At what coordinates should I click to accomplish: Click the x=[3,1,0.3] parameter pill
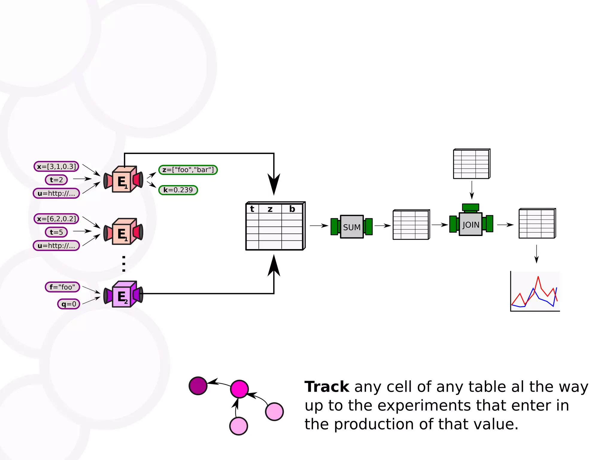click(x=57, y=167)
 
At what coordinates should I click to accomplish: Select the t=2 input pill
click(x=56, y=180)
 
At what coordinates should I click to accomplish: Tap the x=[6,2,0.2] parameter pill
click(x=57, y=219)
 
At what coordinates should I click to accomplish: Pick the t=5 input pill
click(x=56, y=232)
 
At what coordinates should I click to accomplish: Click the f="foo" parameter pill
click(x=62, y=287)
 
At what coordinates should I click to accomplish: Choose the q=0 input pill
click(x=69, y=304)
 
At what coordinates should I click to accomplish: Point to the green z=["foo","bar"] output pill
click(x=188, y=170)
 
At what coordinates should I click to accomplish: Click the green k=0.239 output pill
click(x=178, y=190)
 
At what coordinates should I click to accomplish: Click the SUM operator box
click(x=352, y=227)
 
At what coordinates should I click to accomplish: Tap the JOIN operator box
click(x=471, y=224)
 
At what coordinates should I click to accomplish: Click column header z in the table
click(x=270, y=209)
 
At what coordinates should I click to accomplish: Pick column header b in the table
click(x=292, y=209)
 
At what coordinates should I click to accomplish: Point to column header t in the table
click(x=252, y=209)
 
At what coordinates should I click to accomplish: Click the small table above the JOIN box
click(x=471, y=164)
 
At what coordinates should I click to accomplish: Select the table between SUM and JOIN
click(x=411, y=225)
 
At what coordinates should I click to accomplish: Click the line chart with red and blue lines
click(x=535, y=292)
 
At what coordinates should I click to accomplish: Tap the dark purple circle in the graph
click(x=198, y=386)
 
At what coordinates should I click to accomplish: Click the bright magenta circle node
click(x=239, y=389)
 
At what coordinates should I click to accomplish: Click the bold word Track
click(x=327, y=387)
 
